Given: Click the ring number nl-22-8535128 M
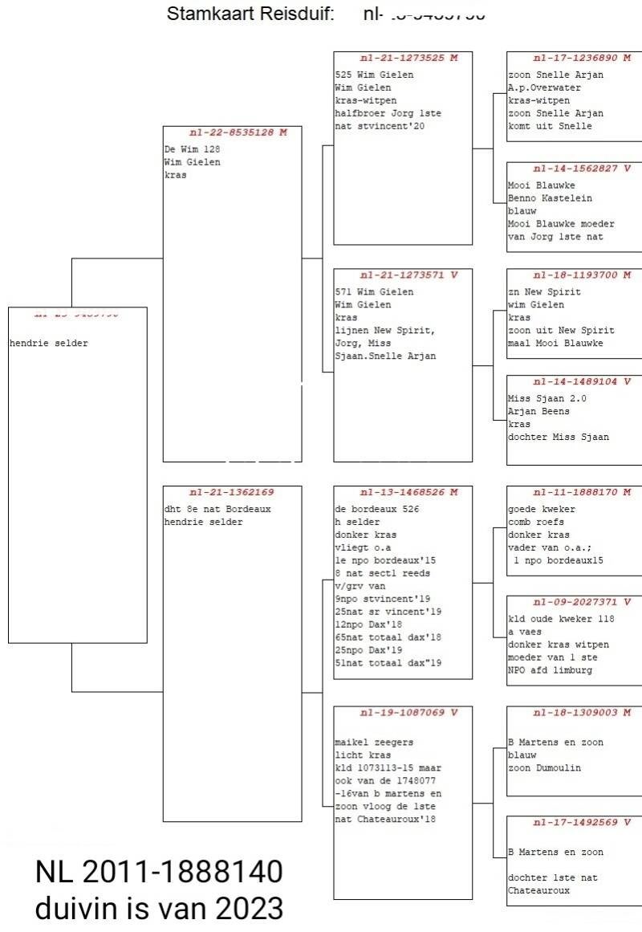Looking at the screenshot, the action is coord(238,132).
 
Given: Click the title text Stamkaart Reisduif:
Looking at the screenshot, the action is coord(250,14).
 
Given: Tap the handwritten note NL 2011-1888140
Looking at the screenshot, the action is coord(159,872).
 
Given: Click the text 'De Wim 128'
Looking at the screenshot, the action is coord(193,149).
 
